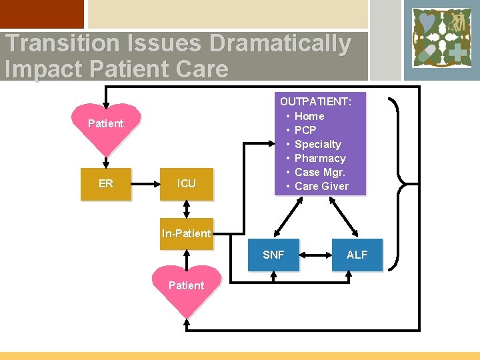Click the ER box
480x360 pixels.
pyautogui.click(x=106, y=183)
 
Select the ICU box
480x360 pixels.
pyautogui.click(x=187, y=183)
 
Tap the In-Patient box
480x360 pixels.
pyautogui.click(x=186, y=233)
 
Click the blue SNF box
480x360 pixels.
pyautogui.click(x=273, y=255)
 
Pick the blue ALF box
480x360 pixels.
pyautogui.click(x=357, y=255)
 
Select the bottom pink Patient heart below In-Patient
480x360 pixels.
pyautogui.click(x=187, y=287)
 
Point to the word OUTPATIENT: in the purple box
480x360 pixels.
pyautogui.click(x=316, y=102)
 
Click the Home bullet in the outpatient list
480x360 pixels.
pyautogui.click(x=309, y=116)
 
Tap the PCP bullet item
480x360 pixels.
pyautogui.click(x=305, y=130)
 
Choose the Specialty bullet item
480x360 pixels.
pyautogui.click(x=317, y=144)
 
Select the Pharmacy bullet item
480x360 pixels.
pyautogui.click(x=320, y=158)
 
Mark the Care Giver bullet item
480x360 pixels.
pyautogui.click(x=321, y=186)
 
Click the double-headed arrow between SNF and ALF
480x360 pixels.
pyautogui.click(x=315, y=255)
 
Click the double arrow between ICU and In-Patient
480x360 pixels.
pyautogui.click(x=187, y=209)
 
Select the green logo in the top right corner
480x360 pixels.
pyautogui.click(x=441, y=39)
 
